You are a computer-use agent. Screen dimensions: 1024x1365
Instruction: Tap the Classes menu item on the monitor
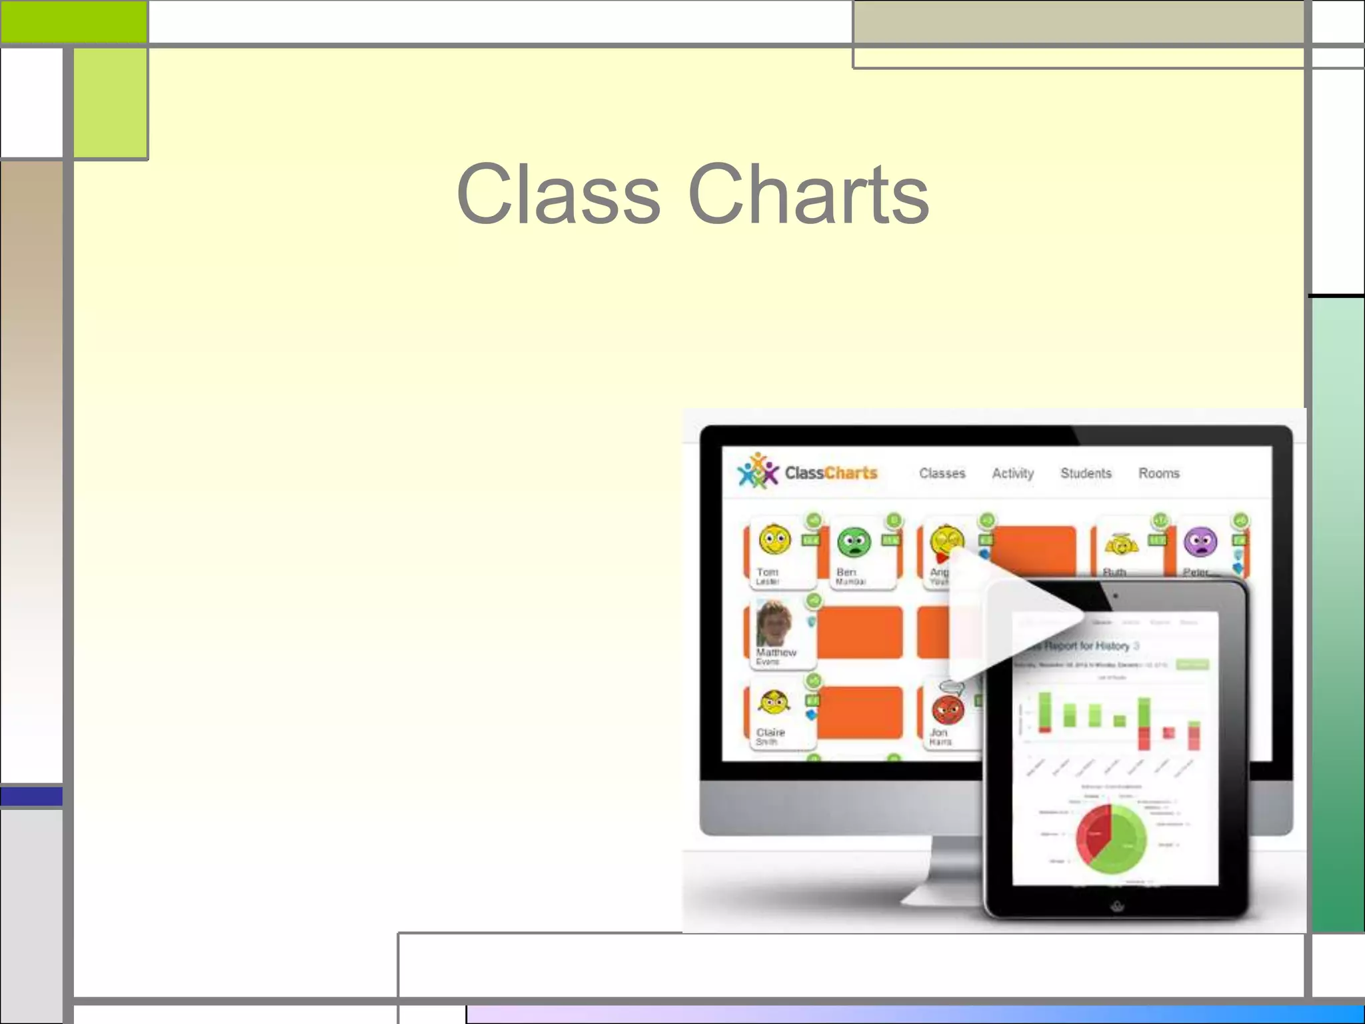pyautogui.click(x=942, y=473)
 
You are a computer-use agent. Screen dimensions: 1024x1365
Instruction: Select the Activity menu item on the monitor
pyautogui.click(x=1012, y=473)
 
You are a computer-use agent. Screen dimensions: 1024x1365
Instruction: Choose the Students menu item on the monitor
pyautogui.click(x=1086, y=473)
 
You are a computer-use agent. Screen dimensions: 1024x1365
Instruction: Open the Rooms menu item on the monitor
pyautogui.click(x=1158, y=473)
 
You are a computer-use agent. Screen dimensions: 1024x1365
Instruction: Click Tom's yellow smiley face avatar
pyautogui.click(x=774, y=540)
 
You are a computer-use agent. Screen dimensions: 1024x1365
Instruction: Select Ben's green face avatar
pyautogui.click(x=854, y=542)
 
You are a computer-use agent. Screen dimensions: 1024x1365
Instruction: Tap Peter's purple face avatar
pyautogui.click(x=1200, y=542)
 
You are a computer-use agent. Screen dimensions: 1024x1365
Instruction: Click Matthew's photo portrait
pyautogui.click(x=774, y=623)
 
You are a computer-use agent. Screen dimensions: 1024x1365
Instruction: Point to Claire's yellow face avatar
pyautogui.click(x=774, y=702)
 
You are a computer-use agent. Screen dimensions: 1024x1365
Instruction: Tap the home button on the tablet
pyautogui.click(x=1117, y=906)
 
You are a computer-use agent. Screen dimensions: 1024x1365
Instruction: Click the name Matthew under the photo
pyautogui.click(x=776, y=652)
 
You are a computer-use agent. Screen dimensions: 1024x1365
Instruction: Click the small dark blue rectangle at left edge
pyautogui.click(x=31, y=796)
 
